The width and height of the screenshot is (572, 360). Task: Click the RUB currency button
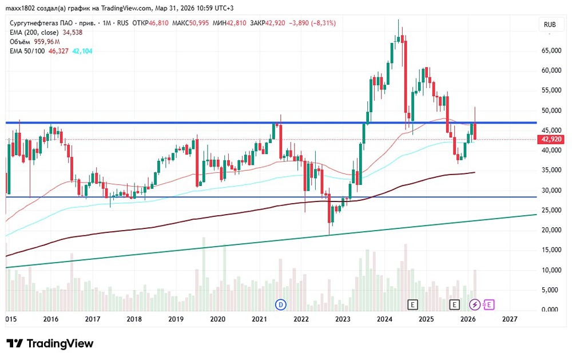point(550,25)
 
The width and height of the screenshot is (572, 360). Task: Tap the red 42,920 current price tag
point(551,139)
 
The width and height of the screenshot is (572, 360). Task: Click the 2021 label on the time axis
point(260,319)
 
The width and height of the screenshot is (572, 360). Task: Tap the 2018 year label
point(134,319)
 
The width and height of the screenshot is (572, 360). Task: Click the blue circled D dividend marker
point(280,304)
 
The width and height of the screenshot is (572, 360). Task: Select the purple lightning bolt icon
point(475,304)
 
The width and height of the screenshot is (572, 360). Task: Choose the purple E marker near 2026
point(490,304)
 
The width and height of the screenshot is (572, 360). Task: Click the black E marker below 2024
point(413,304)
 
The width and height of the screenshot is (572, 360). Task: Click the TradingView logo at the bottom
point(50,343)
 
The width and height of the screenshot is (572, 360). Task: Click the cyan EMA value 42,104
point(82,51)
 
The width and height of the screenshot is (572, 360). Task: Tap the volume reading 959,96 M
point(47,42)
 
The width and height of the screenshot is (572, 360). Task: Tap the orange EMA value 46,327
point(58,51)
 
